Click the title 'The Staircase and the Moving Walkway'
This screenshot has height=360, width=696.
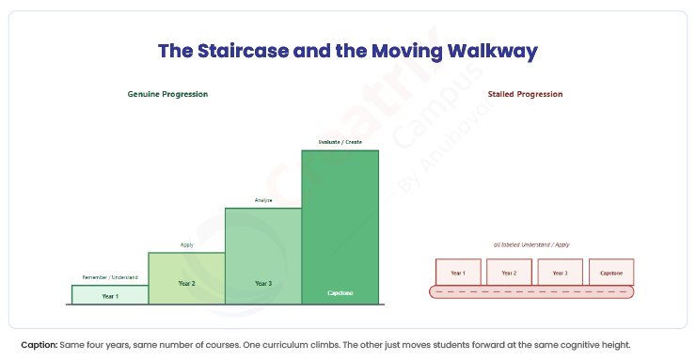point(348,51)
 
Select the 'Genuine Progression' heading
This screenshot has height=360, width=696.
point(167,94)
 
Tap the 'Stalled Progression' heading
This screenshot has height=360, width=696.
point(525,94)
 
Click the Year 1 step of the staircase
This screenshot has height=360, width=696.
point(110,295)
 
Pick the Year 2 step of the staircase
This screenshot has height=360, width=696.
point(187,278)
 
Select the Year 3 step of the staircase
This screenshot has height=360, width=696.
point(263,256)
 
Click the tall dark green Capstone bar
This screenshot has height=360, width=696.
point(340,227)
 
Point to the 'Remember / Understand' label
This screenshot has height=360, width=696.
point(110,277)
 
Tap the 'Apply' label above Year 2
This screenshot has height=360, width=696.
point(187,245)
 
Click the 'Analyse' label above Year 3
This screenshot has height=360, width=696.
point(263,200)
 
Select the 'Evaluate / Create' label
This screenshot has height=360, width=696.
point(340,142)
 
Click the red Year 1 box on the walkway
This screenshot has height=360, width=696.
point(458,272)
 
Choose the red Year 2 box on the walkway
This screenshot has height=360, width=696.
point(509,272)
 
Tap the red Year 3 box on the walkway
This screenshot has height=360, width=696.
point(561,272)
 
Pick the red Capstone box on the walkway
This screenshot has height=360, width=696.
point(611,272)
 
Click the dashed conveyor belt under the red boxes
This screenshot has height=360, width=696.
point(531,291)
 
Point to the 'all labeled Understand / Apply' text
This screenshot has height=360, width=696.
point(531,244)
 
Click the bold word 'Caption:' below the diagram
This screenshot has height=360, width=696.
point(40,345)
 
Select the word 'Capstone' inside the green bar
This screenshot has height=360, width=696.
point(340,293)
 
